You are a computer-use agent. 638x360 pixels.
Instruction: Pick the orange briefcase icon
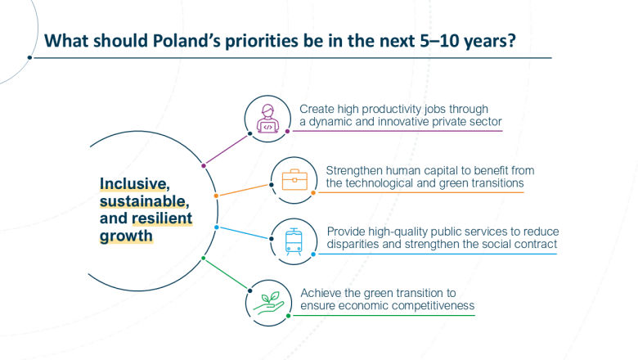(x=294, y=179)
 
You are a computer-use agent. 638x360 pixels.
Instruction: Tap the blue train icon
(x=294, y=238)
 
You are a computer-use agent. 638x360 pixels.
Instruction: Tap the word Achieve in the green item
(x=321, y=292)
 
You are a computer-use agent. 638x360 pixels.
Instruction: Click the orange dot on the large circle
(x=215, y=196)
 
